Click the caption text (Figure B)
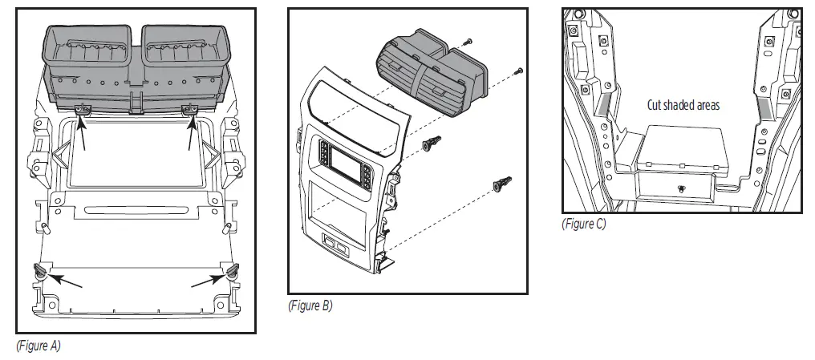[310, 305]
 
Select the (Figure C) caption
[583, 224]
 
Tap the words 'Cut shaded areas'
[683, 104]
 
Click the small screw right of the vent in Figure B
[520, 71]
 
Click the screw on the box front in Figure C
[679, 190]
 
